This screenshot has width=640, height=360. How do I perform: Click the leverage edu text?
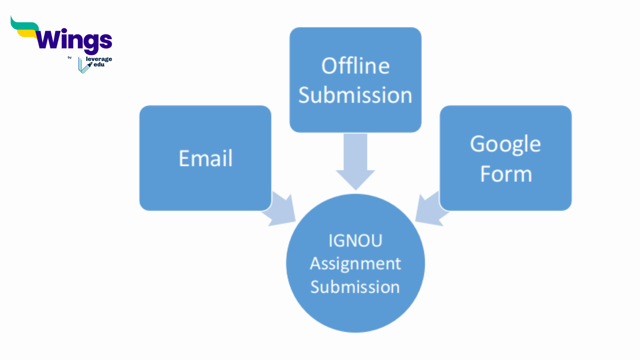(99, 62)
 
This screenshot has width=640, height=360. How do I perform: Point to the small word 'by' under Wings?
(70, 57)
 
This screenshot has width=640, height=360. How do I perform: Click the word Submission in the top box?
(355, 95)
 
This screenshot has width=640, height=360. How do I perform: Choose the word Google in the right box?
(505, 144)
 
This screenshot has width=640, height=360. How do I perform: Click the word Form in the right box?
(506, 174)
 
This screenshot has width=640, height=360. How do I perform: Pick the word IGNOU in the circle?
(355, 241)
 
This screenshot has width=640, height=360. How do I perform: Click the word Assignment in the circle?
(355, 264)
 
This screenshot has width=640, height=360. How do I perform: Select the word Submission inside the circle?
(355, 287)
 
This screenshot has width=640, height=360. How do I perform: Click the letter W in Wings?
(48, 40)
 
